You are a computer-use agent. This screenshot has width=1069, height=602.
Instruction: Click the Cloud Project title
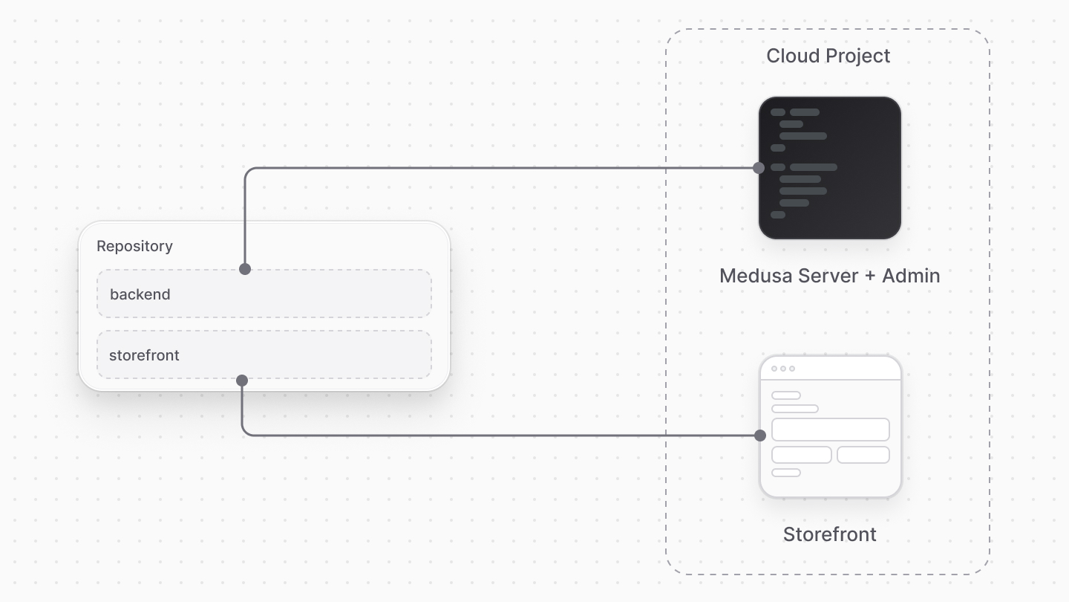point(828,56)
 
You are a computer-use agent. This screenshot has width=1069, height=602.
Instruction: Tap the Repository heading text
point(134,246)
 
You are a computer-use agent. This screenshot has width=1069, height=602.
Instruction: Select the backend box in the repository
point(264,294)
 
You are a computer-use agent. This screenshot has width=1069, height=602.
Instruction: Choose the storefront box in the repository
point(264,355)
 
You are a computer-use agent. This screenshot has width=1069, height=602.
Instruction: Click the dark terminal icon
point(830,168)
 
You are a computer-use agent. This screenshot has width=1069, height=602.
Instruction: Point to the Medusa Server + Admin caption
point(829,276)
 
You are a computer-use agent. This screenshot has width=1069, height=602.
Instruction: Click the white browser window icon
point(830,427)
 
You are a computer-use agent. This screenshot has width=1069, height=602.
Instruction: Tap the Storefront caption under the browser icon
point(829,534)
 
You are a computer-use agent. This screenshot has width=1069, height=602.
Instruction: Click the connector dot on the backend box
point(245,269)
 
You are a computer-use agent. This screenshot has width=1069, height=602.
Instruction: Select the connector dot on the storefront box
point(242,381)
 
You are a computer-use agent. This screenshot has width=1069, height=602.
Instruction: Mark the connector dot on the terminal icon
point(759,168)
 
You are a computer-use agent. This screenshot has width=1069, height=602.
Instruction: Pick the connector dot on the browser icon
point(760,436)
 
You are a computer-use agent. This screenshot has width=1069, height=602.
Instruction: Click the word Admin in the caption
point(911,276)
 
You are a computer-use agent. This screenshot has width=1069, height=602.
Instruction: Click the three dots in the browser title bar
point(783,369)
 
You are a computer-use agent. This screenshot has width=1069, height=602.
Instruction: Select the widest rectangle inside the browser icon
point(830,430)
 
